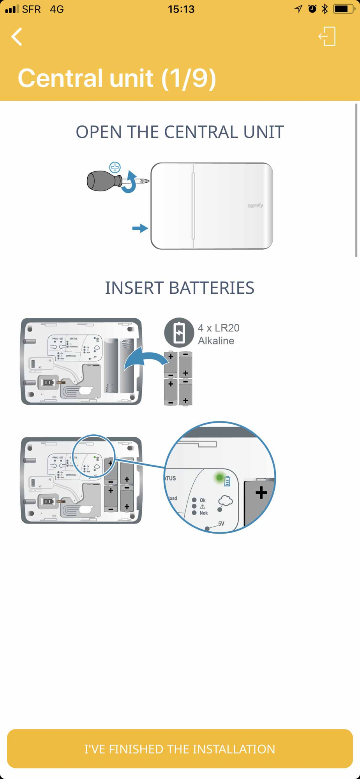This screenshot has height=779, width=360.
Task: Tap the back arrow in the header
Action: pos(16,37)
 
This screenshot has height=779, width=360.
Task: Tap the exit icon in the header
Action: pos(327,37)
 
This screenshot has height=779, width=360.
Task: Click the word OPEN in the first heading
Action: pos(99,132)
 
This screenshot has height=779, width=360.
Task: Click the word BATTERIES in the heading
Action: pos(212,288)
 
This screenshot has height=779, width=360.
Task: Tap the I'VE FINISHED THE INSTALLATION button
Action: pos(180,749)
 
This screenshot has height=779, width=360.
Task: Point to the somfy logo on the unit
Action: pos(255,205)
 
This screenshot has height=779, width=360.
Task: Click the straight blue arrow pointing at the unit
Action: pos(140,228)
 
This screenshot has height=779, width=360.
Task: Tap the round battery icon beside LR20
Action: pos(179,333)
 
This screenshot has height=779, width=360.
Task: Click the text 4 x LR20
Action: pos(219,328)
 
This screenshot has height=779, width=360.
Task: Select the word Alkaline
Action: pos(216,341)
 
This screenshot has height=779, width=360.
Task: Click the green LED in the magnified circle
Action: pos(220,477)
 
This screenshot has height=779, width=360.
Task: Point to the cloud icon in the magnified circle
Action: pos(226,501)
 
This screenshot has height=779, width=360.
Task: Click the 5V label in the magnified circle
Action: pos(221,524)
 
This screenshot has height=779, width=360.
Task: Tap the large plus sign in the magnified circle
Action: pos(261,493)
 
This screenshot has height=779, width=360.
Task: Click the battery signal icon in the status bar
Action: pos(343,9)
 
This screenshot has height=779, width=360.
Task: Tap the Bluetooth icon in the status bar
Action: pos(325,9)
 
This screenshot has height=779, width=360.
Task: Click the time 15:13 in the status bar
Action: pos(181,9)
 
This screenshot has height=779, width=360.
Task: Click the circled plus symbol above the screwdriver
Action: pos(115,167)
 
